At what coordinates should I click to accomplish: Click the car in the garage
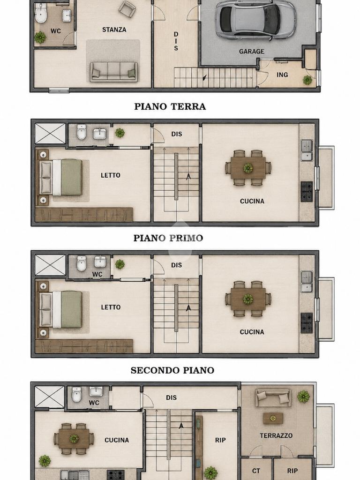point(256,20)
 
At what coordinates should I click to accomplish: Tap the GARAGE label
point(252,52)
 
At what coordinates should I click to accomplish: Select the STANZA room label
point(114,30)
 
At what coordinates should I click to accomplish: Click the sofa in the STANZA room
point(113,72)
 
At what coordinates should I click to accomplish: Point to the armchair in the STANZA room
point(127,8)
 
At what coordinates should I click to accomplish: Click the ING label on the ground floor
point(282,75)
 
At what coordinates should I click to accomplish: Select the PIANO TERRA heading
point(170,106)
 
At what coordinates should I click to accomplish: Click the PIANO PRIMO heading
point(168,238)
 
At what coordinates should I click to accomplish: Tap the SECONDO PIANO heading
point(172,370)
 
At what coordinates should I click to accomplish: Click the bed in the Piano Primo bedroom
point(60,177)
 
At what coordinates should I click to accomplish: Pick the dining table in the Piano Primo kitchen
point(248,168)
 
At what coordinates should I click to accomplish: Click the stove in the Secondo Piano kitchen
point(307,322)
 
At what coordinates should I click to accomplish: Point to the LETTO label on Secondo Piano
point(111,307)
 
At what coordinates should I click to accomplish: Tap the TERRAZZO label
point(276,435)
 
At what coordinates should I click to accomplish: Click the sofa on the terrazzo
point(273,397)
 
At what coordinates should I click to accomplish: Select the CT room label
point(256,471)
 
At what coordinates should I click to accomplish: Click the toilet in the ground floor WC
point(41,13)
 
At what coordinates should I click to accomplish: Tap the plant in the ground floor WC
point(40,37)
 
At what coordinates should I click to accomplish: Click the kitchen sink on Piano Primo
point(307,150)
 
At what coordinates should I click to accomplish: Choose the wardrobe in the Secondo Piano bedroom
point(84,346)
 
